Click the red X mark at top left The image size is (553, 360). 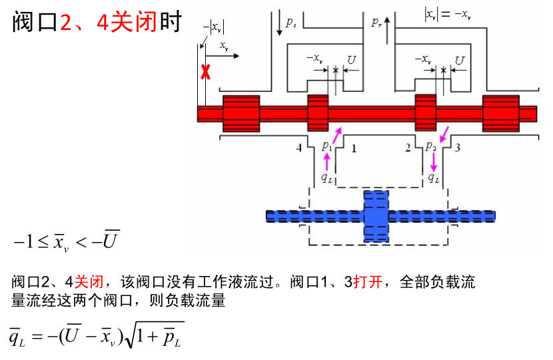pos(207,72)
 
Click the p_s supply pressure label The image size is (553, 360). pos(291,23)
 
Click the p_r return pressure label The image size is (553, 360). pos(376,22)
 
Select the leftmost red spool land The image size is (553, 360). pos(241,113)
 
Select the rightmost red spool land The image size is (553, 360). pos(500,113)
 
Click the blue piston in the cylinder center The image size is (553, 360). pos(376,216)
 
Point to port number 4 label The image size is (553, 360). pos(299,148)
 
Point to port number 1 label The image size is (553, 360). pos(354,148)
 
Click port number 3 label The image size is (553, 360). pos(457,148)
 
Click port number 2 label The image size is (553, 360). pos(408,148)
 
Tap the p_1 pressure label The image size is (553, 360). pos(326,145)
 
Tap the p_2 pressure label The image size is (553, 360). pos(430,145)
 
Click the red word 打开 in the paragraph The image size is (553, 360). pos(368,282)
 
